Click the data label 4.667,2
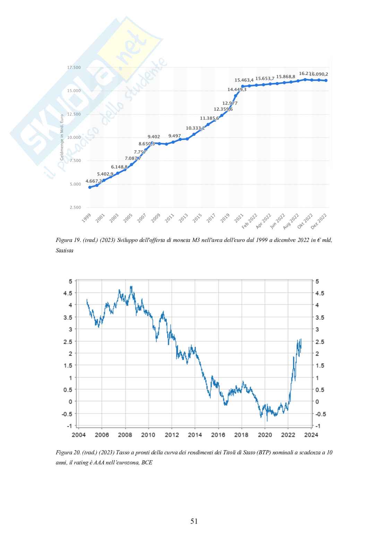tap(94, 181)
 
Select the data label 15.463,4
tap(244, 80)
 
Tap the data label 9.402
tap(154, 137)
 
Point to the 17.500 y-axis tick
tap(74, 68)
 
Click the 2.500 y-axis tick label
tap(75, 208)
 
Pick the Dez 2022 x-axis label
tap(319, 221)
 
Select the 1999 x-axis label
tap(86, 218)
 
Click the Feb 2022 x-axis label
tap(249, 221)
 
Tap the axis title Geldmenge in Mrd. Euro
tap(62, 137)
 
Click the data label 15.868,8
tap(285, 76)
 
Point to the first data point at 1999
tap(90, 187)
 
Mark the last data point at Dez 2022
tap(326, 81)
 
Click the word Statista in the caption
tap(64, 250)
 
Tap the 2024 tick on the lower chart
tap(311, 435)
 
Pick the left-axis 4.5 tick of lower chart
tap(68, 293)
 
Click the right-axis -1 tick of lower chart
tap(319, 426)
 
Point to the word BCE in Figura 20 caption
tap(147, 463)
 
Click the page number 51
tap(194, 521)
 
